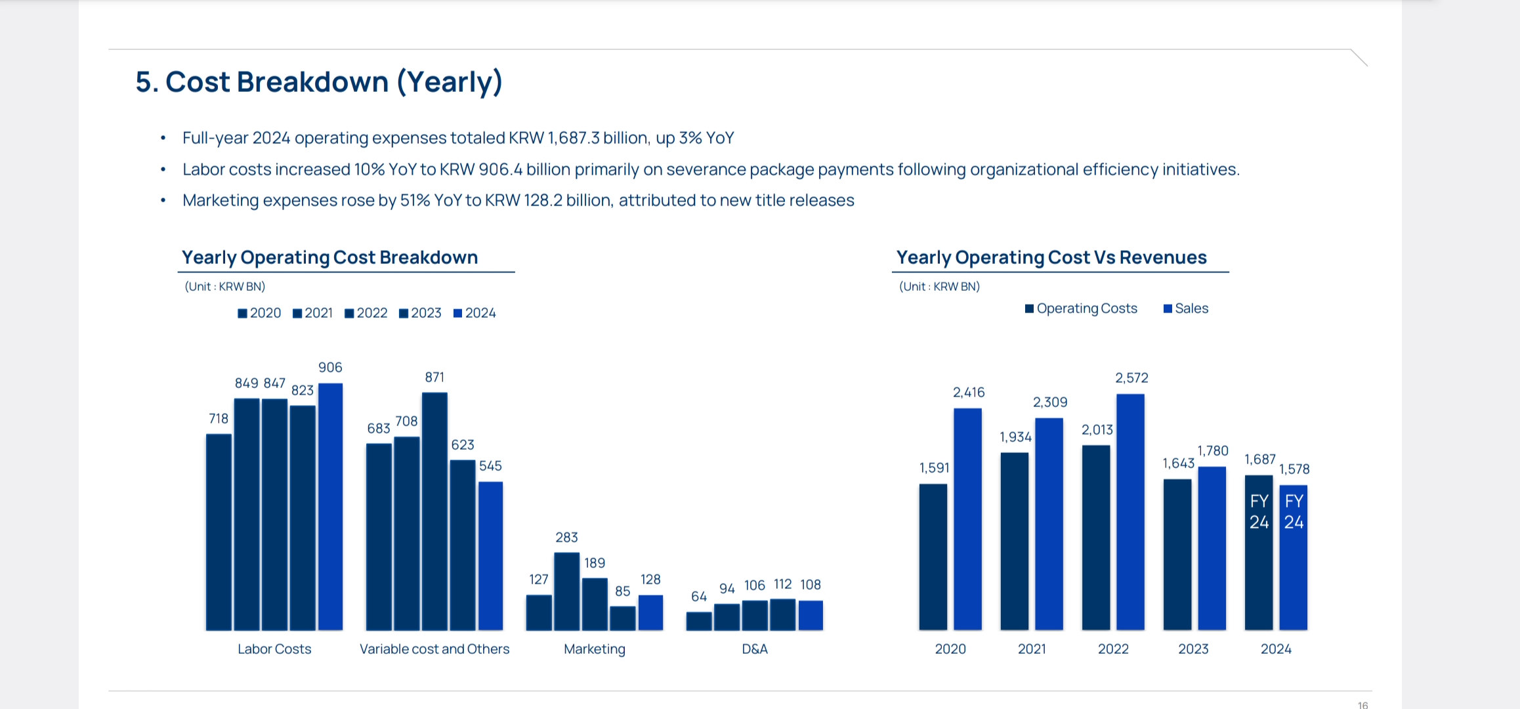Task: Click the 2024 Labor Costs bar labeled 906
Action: [330, 505]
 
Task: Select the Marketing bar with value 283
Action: [566, 591]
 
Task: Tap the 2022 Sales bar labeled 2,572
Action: [1130, 512]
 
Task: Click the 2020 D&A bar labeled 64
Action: [699, 621]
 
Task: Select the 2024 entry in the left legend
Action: [475, 313]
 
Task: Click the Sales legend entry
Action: [1186, 309]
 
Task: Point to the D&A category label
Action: [755, 649]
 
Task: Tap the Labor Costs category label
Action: [274, 649]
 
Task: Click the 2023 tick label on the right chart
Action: [1193, 649]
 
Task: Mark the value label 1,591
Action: [934, 468]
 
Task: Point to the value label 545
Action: [490, 466]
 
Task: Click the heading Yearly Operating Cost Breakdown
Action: [329, 257]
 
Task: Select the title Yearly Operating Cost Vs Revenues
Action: [1051, 257]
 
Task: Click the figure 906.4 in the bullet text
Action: [500, 169]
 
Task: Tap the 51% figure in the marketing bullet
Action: [415, 200]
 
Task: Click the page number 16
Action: [1362, 705]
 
